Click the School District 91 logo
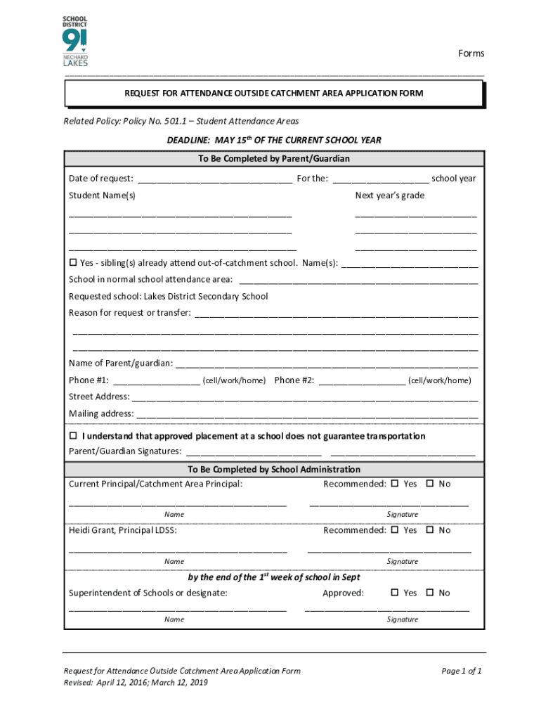[75, 41]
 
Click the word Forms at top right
[471, 53]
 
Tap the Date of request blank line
[214, 179]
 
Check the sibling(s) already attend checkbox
[72, 263]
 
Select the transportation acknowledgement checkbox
[72, 436]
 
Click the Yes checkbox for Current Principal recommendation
[395, 484]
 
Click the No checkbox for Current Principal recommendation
[430, 484]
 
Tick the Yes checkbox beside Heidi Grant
[395, 530]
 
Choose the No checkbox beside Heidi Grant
[430, 530]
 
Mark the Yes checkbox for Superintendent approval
[395, 593]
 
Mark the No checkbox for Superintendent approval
[430, 593]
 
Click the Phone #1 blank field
[157, 381]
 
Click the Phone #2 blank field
[361, 381]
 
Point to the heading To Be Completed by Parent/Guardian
[274, 159]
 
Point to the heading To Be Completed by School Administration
[274, 469]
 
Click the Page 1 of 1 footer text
[461, 671]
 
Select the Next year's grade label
[389, 195]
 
